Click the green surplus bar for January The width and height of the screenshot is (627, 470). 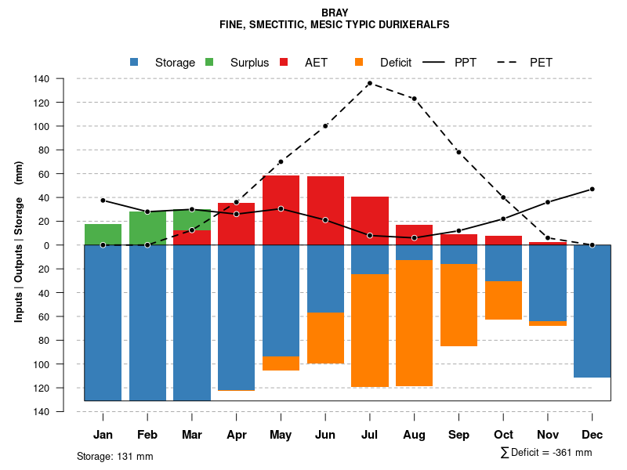(x=103, y=234)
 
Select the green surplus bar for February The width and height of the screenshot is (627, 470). (x=147, y=228)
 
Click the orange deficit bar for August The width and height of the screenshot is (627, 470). (x=414, y=323)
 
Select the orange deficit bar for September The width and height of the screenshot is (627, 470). (x=458, y=305)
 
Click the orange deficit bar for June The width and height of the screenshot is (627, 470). (x=325, y=338)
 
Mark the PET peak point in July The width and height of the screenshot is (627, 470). (x=370, y=83)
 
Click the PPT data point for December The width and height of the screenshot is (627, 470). (x=593, y=189)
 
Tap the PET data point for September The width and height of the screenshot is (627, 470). (x=458, y=152)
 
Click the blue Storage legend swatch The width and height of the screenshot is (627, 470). (x=135, y=63)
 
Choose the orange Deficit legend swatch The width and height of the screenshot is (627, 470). (x=359, y=63)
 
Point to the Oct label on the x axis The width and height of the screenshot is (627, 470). (x=503, y=435)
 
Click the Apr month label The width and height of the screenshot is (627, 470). (x=237, y=435)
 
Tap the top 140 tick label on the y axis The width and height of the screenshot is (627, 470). (x=63, y=79)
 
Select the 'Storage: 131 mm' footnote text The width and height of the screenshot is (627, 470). (x=115, y=456)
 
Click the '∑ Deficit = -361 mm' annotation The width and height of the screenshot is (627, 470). (x=545, y=453)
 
